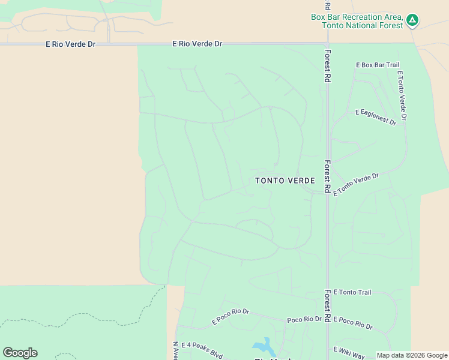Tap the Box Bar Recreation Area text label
point(358,21)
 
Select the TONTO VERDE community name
point(285,181)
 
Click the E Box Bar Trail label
point(378,65)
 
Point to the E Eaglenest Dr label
point(376,117)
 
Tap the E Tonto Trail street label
point(352,292)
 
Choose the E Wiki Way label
point(349,352)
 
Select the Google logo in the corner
point(20,353)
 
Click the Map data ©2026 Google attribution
point(412,355)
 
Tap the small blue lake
point(263,346)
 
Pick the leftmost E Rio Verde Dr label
point(70,44)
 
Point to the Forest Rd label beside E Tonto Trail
point(328,305)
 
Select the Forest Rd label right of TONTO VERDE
point(328,176)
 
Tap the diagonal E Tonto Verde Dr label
point(357,184)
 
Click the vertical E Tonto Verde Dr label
point(402,95)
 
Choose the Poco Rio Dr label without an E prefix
point(304,320)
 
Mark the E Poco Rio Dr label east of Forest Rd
point(353,323)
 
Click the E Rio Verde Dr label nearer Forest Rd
point(197,44)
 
